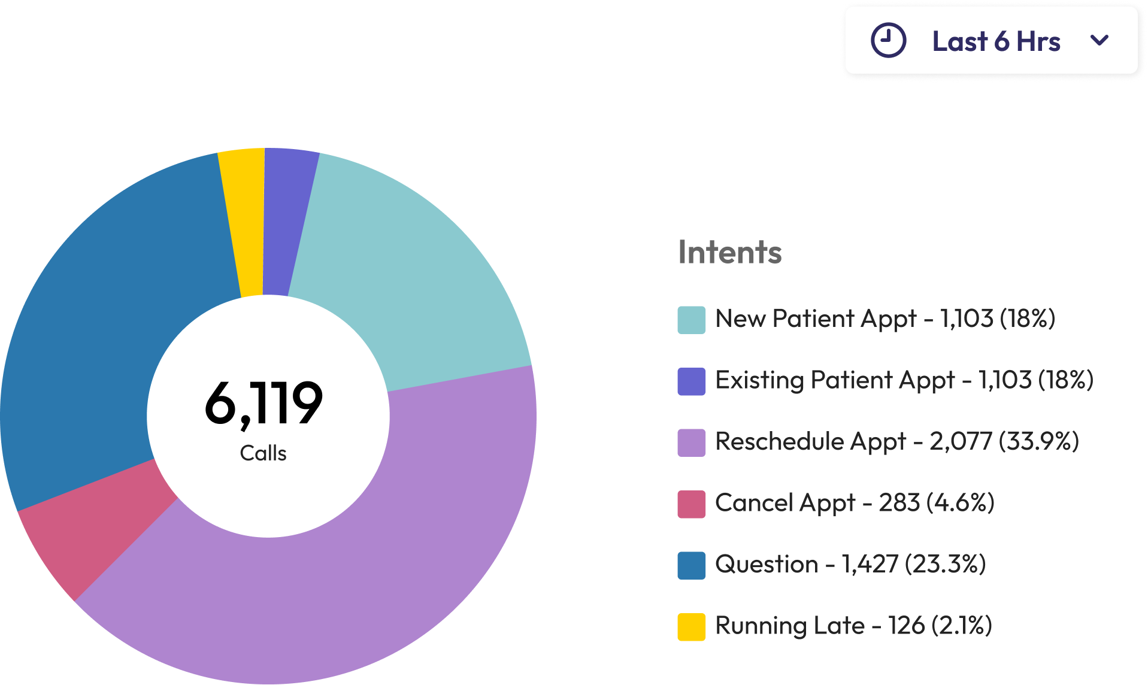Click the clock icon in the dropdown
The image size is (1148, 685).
click(x=888, y=41)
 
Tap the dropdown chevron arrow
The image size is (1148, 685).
click(x=1099, y=40)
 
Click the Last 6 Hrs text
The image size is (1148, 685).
click(x=996, y=41)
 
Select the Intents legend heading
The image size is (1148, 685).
click(x=729, y=252)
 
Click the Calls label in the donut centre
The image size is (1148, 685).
click(x=263, y=453)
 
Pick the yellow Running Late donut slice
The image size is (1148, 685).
click(x=244, y=222)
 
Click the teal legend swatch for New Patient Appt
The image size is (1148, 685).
click(x=691, y=320)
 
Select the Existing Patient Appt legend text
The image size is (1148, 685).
click(x=835, y=380)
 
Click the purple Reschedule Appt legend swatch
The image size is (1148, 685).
click(x=691, y=442)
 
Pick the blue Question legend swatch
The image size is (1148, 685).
click(x=691, y=565)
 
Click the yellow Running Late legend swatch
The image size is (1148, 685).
click(x=691, y=627)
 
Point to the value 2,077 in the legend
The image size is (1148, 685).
click(x=961, y=441)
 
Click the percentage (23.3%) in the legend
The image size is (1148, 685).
click(x=945, y=564)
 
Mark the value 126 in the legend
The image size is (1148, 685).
click(x=906, y=626)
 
